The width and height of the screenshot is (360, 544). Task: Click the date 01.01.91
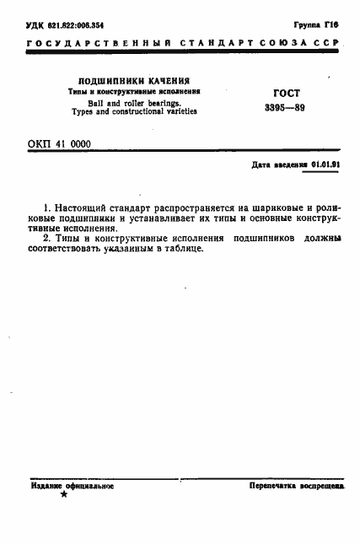point(324,165)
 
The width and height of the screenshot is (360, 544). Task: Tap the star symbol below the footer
point(63,496)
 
